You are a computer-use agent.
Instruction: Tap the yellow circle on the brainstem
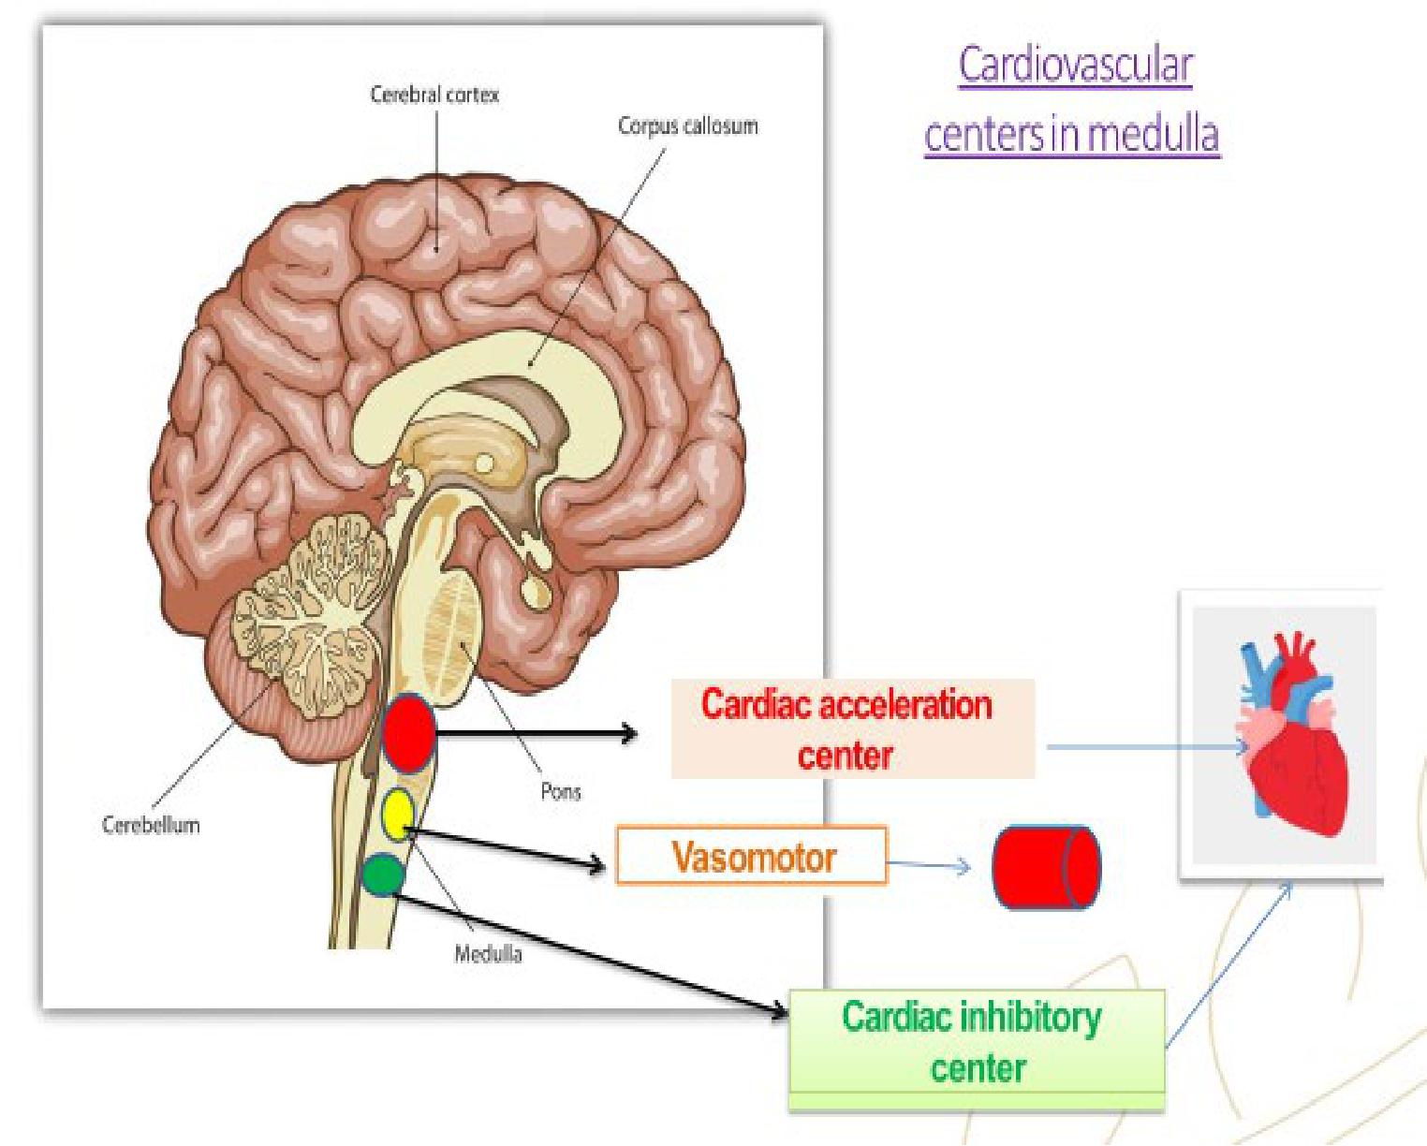pos(398,814)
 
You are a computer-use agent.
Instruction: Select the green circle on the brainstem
pos(383,874)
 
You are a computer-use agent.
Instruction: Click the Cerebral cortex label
pos(434,95)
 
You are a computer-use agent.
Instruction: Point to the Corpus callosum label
pos(687,125)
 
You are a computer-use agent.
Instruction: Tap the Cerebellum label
pos(151,825)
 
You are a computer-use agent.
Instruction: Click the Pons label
pos(560,791)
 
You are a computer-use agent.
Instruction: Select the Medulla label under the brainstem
pos(488,953)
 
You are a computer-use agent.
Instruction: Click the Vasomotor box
pos(752,856)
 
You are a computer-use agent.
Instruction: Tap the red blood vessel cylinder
pos(1047,867)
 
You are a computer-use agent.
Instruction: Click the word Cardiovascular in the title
pos(1075,66)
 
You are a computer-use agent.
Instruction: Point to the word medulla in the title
pos(1154,134)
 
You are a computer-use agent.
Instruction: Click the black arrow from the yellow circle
pos(506,846)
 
